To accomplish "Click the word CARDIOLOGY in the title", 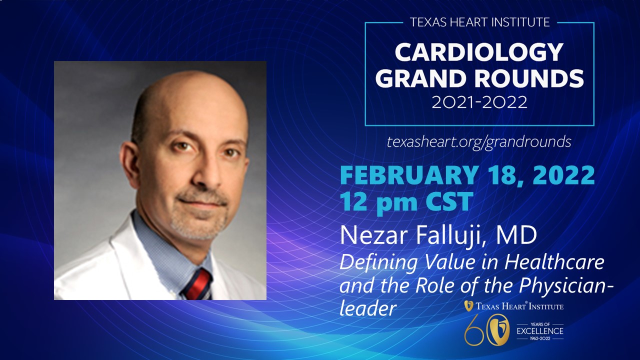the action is pos(479,52).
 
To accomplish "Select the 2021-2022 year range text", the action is pos(479,102).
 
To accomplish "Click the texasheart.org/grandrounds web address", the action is pos(479,142).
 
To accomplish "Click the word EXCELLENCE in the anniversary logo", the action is pos(540,331).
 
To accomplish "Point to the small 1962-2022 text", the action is pos(540,338).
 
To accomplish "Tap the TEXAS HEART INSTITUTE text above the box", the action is pos(479,22).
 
